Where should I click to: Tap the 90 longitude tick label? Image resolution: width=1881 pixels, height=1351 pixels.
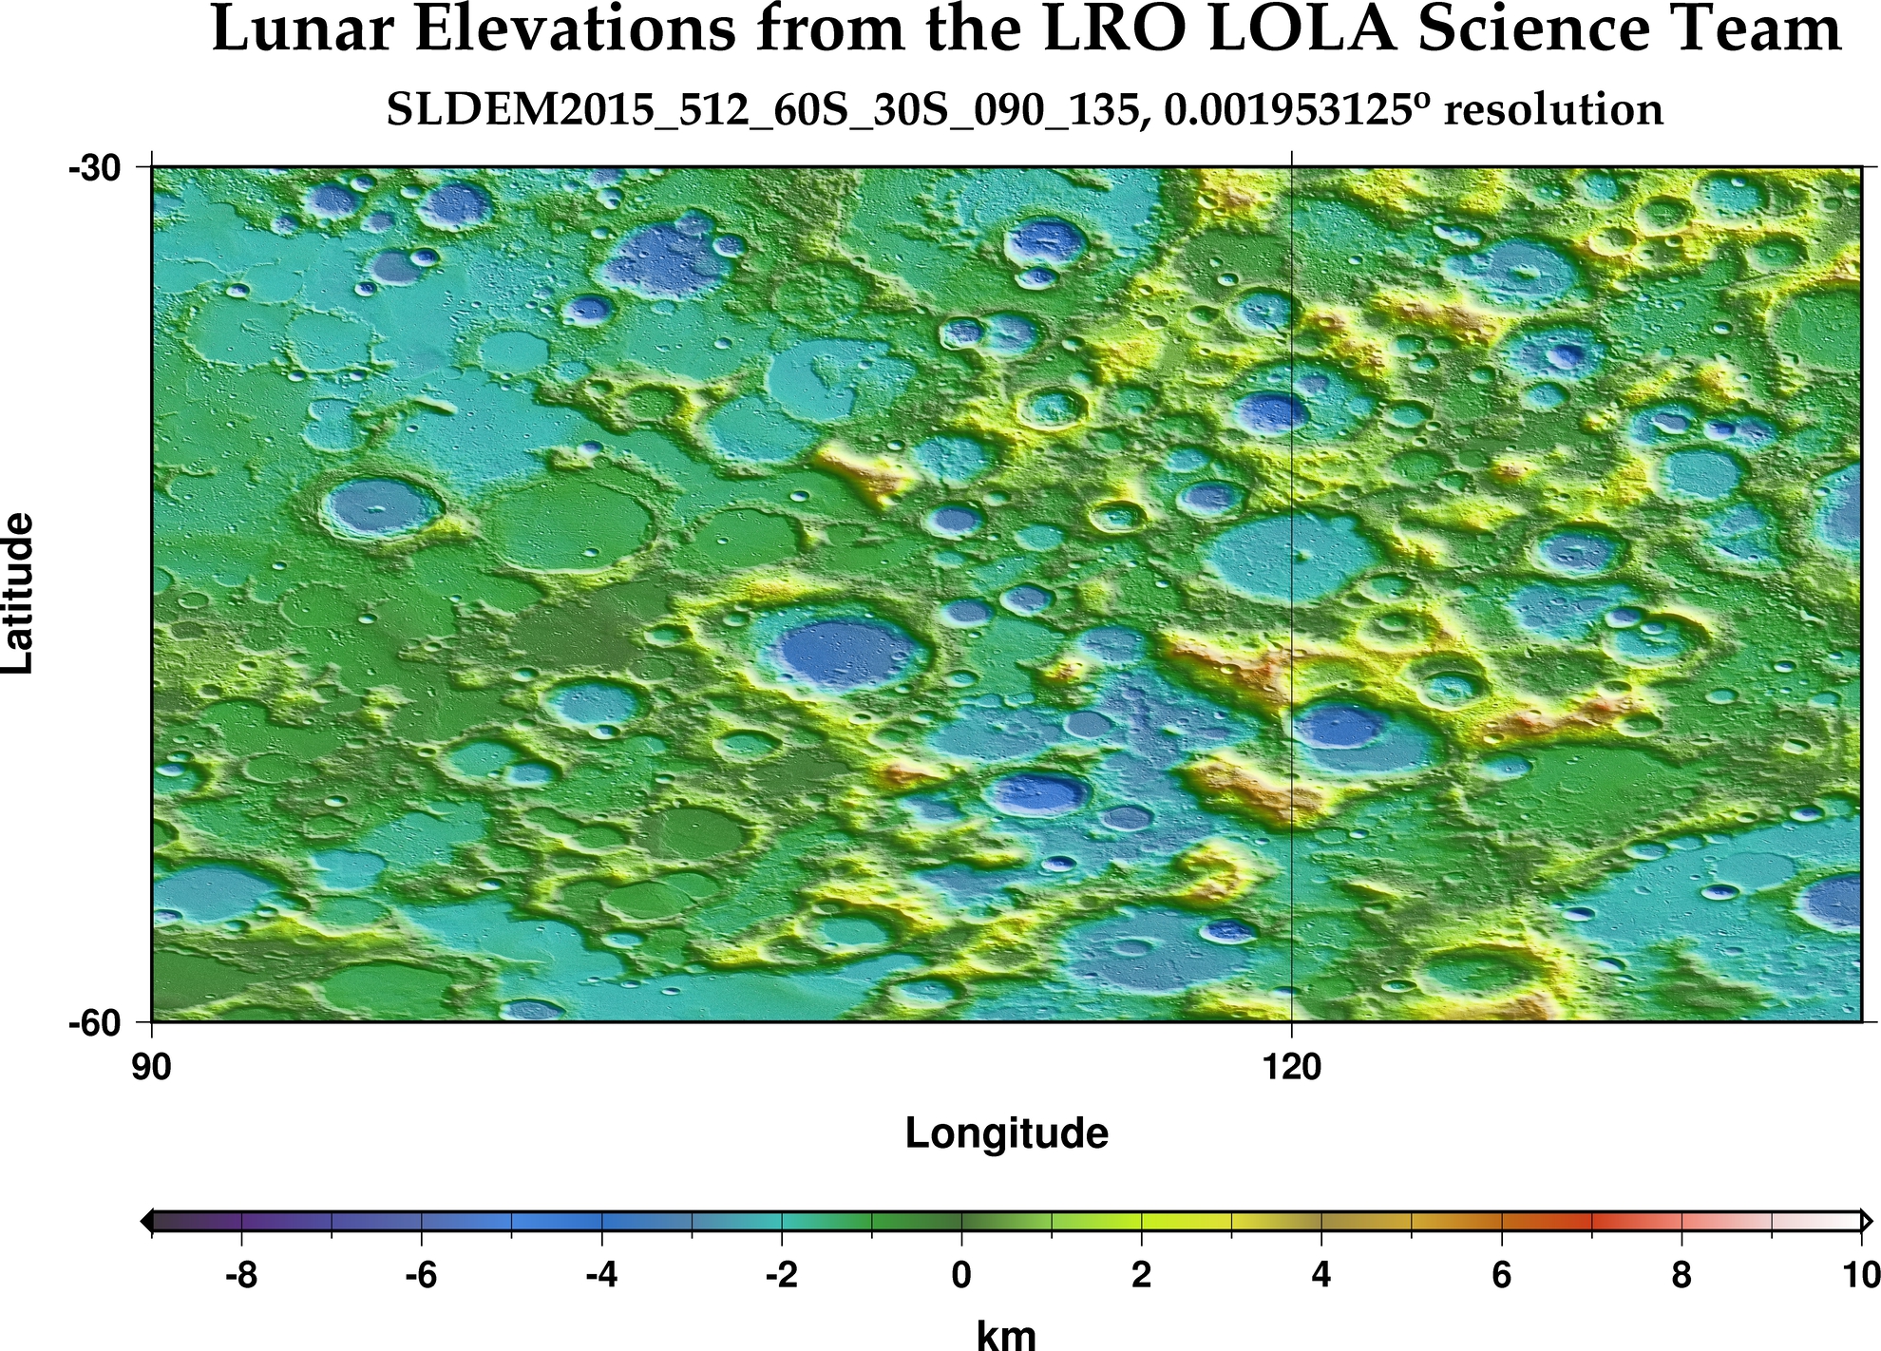pyautogui.click(x=151, y=1068)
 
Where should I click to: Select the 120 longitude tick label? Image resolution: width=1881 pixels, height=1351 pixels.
pyautogui.click(x=1292, y=1068)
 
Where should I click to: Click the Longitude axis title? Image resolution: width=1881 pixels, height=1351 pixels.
pyautogui.click(x=1006, y=1133)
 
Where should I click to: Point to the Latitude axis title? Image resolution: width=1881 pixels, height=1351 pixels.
pyautogui.click(x=19, y=594)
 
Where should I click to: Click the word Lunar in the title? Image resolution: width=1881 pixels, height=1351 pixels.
pyautogui.click(x=301, y=30)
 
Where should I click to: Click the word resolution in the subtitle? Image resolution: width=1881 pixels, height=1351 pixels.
pyautogui.click(x=1553, y=110)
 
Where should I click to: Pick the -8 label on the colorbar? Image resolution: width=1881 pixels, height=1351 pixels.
pyautogui.click(x=241, y=1275)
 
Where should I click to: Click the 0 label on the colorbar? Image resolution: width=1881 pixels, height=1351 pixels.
pyautogui.click(x=961, y=1275)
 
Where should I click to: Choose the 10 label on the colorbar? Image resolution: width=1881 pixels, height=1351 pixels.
pyautogui.click(x=1860, y=1275)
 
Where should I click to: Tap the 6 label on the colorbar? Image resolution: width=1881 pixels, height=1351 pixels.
pyautogui.click(x=1501, y=1275)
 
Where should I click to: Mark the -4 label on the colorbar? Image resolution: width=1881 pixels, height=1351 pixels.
pyautogui.click(x=601, y=1275)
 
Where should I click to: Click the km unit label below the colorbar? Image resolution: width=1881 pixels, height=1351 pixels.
pyautogui.click(x=1006, y=1334)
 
